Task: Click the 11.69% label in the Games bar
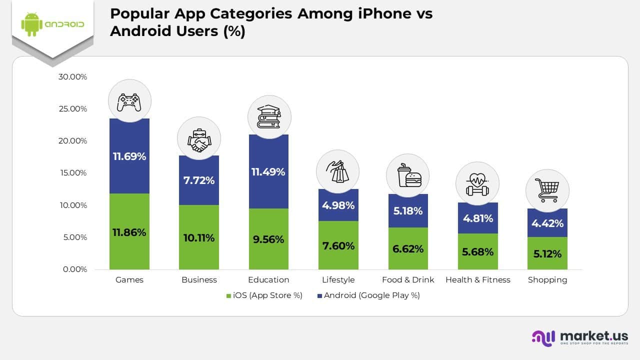click(129, 156)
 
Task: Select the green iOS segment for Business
click(199, 237)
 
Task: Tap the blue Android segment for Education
click(268, 171)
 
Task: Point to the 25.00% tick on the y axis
click(72, 109)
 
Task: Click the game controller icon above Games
click(129, 101)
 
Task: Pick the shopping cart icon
click(547, 190)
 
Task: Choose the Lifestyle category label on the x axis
click(338, 280)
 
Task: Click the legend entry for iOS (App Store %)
click(265, 295)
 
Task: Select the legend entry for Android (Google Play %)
click(368, 295)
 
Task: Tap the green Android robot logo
click(30, 24)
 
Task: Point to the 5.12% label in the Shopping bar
click(547, 254)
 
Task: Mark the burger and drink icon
click(408, 175)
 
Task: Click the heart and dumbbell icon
click(477, 183)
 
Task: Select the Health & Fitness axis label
click(477, 280)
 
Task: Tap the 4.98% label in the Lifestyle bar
click(338, 205)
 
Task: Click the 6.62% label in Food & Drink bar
click(408, 249)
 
